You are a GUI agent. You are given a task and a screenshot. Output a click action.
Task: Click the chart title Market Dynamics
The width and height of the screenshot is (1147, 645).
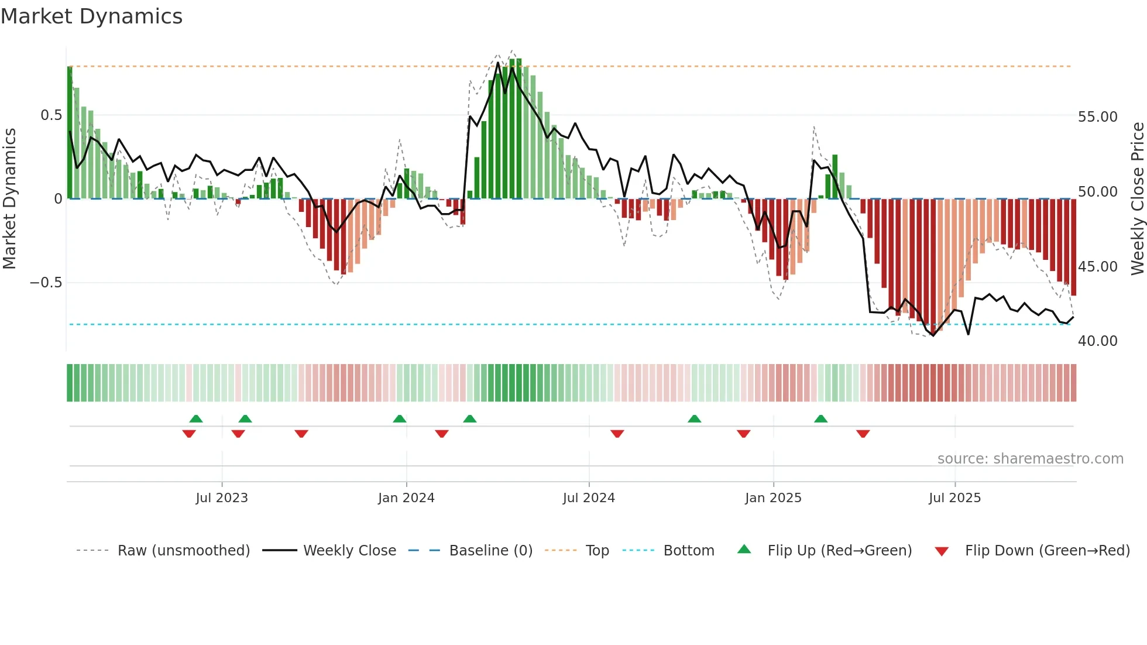click(x=91, y=16)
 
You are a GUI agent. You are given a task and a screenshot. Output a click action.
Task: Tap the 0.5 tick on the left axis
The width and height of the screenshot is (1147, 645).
click(x=51, y=115)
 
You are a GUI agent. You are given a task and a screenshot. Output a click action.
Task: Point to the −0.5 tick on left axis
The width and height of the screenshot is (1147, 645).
click(x=46, y=283)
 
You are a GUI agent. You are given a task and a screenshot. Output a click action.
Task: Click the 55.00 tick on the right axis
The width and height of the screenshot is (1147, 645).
click(x=1097, y=117)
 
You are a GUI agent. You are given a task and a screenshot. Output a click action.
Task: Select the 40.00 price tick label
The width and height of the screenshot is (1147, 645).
click(x=1097, y=341)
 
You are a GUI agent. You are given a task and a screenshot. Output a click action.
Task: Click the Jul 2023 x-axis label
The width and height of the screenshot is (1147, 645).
click(x=222, y=498)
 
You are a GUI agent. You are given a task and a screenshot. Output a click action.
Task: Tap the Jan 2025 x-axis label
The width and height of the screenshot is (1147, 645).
click(x=773, y=498)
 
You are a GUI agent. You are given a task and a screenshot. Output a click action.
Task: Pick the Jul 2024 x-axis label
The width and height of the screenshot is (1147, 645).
click(x=589, y=498)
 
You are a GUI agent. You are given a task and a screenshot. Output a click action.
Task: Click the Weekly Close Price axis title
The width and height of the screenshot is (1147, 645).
click(x=1137, y=198)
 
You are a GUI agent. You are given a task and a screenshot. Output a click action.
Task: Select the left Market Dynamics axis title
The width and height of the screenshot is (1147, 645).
click(x=9, y=198)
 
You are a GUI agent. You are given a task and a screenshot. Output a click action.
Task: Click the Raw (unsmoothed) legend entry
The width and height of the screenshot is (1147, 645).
click(x=183, y=551)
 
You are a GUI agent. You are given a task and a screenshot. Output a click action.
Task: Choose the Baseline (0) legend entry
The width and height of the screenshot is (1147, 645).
click(x=490, y=551)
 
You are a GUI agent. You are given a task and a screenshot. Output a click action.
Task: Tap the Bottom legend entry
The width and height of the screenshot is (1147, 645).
click(x=688, y=551)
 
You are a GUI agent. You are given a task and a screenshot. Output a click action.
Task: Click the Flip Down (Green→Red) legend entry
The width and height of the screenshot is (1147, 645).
click(x=1047, y=551)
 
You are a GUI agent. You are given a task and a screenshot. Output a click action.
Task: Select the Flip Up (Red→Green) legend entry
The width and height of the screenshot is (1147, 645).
click(x=839, y=551)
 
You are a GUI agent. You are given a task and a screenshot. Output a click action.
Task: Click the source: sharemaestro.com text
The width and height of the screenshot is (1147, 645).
click(x=1030, y=459)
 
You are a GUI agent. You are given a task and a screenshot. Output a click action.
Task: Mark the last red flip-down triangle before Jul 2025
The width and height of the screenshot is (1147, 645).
click(x=863, y=434)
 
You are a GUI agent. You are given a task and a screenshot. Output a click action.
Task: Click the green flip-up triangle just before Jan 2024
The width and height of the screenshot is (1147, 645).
click(x=400, y=418)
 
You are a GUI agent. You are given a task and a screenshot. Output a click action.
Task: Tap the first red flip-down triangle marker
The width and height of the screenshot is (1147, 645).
click(x=189, y=434)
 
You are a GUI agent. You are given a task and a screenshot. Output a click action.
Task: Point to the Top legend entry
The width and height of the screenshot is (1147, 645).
click(x=597, y=551)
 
